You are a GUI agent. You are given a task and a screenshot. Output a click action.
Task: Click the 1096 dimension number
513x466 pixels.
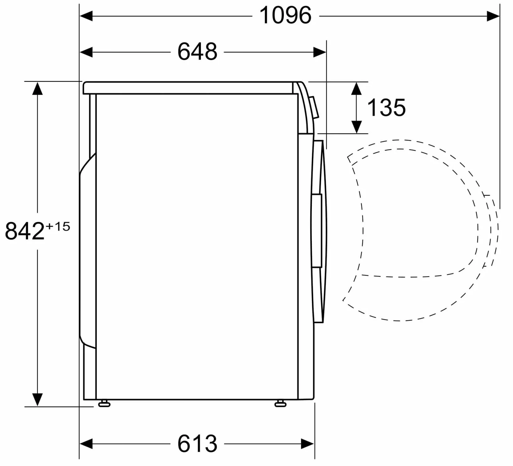click(285, 16)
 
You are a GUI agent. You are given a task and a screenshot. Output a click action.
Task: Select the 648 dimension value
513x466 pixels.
click(197, 52)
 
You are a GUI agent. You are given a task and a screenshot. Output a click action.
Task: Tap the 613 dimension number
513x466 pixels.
click(197, 444)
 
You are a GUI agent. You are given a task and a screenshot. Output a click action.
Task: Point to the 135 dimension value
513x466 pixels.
click(386, 107)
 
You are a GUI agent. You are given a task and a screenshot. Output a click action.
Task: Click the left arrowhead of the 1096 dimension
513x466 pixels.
click(86, 16)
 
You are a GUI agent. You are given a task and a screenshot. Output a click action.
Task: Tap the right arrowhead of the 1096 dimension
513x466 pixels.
click(493, 16)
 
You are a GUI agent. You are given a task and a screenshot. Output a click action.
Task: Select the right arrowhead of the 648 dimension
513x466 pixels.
click(320, 52)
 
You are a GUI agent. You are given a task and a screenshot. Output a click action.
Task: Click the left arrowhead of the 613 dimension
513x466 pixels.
click(86, 444)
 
